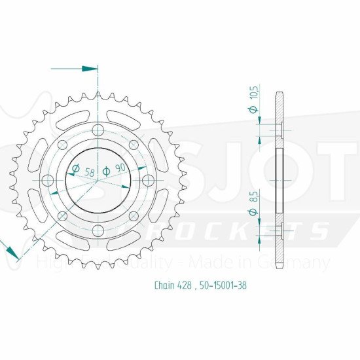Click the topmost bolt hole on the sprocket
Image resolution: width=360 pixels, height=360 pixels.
tap(98, 128)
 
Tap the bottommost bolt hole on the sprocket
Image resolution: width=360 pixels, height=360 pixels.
tap(98, 229)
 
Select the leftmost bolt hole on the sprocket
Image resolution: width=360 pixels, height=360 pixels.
tap(47, 179)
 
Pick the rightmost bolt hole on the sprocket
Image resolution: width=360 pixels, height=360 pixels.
tap(148, 179)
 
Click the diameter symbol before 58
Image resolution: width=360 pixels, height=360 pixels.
tap(75, 170)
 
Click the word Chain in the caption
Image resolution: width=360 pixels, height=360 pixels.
tap(165, 285)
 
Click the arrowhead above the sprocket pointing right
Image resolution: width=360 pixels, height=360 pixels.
tap(90, 67)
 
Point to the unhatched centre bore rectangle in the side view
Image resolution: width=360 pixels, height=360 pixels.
tap(280, 179)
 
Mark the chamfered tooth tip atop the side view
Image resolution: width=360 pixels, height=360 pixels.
tap(280, 93)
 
